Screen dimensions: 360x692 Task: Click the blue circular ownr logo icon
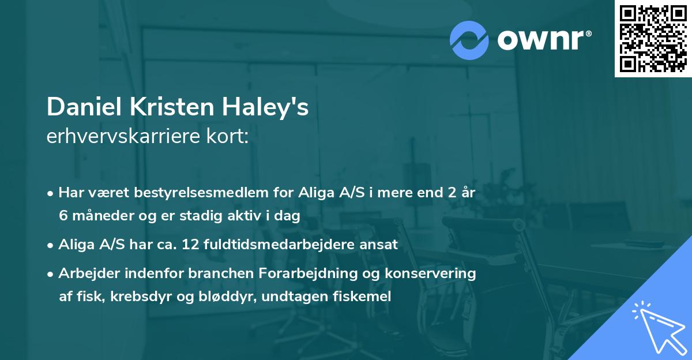(469, 39)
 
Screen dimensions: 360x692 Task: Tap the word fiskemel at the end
(367, 297)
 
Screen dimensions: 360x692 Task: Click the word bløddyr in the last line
(210, 297)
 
